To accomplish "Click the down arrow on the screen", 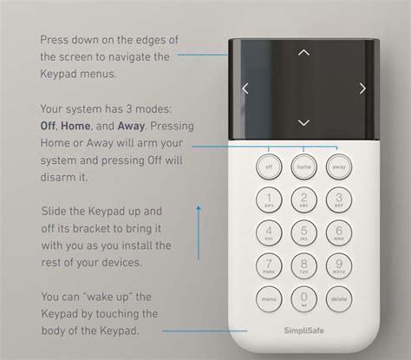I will [303, 122].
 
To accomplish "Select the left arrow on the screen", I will [246, 88].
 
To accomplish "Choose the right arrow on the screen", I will [362, 88].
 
